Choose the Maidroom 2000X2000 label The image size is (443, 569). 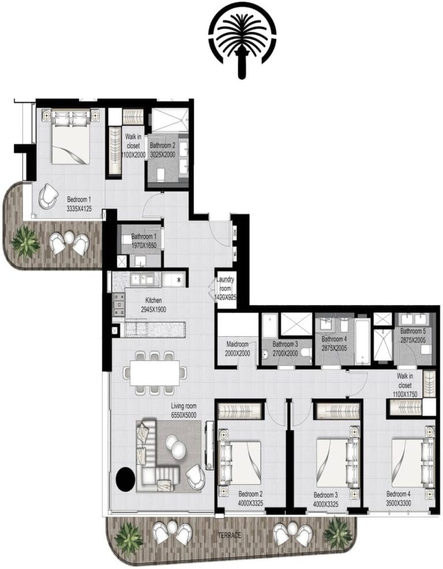click(x=238, y=348)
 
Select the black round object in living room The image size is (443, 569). click(x=126, y=478)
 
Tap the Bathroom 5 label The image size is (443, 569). click(x=412, y=336)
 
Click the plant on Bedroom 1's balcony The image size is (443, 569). click(x=25, y=242)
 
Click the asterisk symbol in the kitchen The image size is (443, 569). click(x=179, y=280)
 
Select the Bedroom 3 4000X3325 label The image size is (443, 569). click(x=326, y=499)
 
